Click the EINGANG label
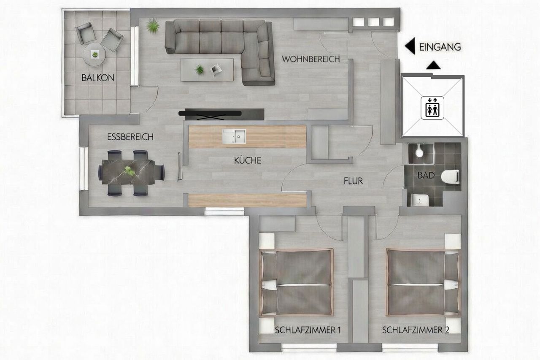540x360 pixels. tap(440, 47)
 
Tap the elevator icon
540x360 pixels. tap(432, 108)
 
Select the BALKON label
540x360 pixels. tap(97, 78)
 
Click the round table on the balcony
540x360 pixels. tap(94, 55)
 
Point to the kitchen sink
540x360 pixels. tap(234, 136)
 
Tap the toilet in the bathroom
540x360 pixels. tap(450, 176)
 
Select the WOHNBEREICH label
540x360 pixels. tap(311, 59)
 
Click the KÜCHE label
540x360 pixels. tap(248, 160)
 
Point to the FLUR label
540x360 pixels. tap(353, 181)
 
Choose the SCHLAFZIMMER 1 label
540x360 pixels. tap(308, 330)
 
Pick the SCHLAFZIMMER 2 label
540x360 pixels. tap(416, 330)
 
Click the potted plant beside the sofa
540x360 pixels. tap(153, 26)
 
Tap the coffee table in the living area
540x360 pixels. tap(207, 70)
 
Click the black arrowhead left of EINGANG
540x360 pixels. tap(410, 46)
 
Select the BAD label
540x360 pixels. tap(426, 175)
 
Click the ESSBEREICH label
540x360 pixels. tap(130, 137)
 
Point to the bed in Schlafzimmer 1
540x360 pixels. tap(296, 283)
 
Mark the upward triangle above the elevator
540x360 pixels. tap(433, 65)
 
